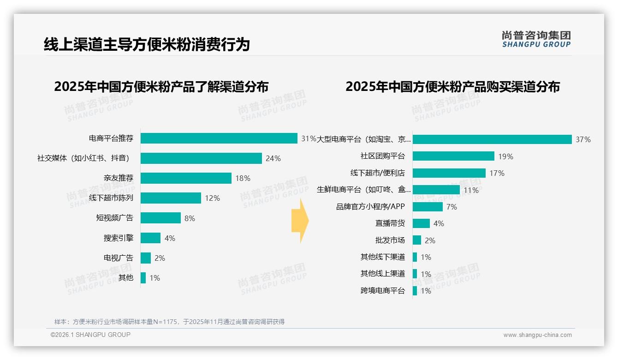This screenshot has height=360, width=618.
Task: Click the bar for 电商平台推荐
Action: pos(219,138)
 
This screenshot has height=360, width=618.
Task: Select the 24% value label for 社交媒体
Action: pos(273,158)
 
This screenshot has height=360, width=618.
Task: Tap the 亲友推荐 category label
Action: pos(118,178)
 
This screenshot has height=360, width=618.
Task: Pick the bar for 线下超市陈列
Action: pos(171,198)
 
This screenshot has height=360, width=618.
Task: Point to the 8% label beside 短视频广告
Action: pos(190,218)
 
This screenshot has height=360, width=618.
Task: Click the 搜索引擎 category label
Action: pos(118,238)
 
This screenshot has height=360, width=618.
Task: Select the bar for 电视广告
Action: pos(146,258)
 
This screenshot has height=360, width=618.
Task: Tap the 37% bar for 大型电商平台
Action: pos(492,139)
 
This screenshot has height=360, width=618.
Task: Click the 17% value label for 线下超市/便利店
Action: pos(497,173)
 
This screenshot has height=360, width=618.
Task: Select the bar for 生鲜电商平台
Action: pos(436,190)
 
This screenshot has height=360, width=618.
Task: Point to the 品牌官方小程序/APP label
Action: pos(370,207)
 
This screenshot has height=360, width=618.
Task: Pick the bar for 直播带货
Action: pos(421,223)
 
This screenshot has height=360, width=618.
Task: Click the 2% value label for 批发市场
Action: pos(430,240)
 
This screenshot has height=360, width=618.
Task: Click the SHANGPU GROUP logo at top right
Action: pos(536,39)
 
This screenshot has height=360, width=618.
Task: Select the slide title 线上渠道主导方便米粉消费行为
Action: pos(147,44)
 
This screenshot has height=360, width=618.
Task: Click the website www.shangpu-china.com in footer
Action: pos(537,335)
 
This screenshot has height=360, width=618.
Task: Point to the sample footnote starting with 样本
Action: pos(169,322)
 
